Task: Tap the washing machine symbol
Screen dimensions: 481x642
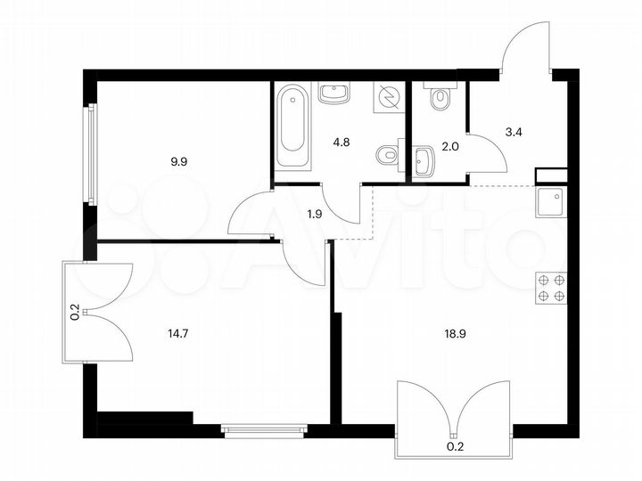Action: pos(389,96)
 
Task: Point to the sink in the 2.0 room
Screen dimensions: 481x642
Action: pos(424,162)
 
